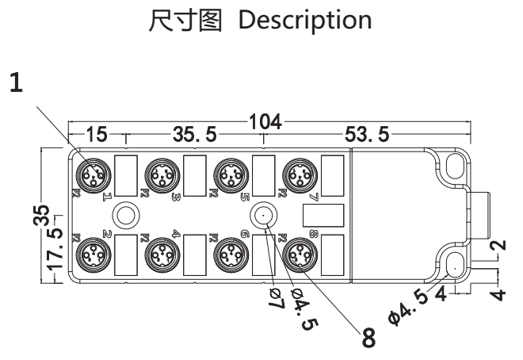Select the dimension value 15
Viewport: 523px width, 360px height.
[97, 135]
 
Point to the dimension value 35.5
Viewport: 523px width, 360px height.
[195, 135]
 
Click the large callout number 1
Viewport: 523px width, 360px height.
[15, 83]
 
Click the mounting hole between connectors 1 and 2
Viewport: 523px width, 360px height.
[124, 213]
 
